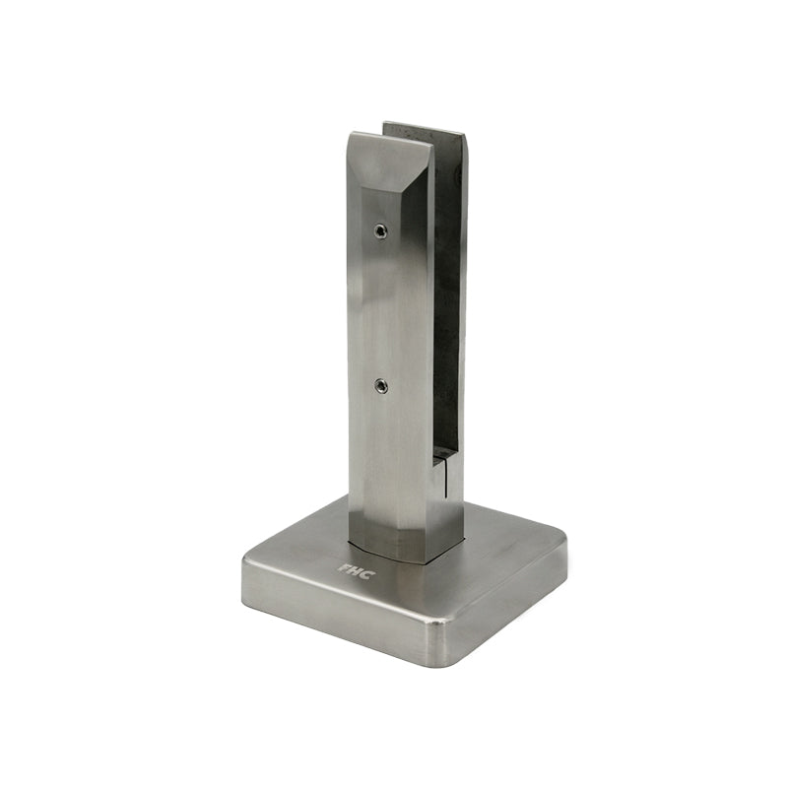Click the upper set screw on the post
coord(380,231)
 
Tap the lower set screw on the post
coord(381,387)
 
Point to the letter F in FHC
coord(344,567)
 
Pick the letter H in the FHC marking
coord(355,570)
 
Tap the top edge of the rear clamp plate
coord(424,126)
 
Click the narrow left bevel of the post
coord(355,345)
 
